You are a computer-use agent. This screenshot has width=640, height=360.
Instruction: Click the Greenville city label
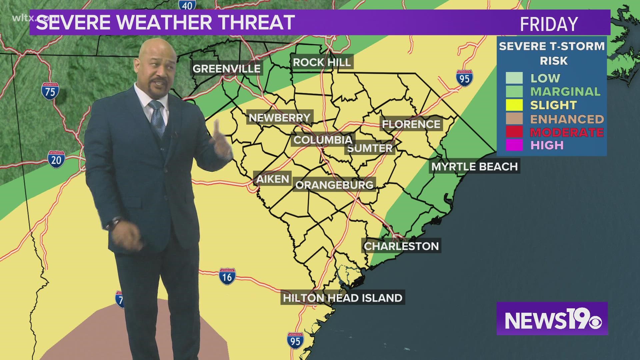226,69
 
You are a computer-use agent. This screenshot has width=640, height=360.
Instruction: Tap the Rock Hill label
322,62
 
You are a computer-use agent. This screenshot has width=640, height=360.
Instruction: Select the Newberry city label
280,118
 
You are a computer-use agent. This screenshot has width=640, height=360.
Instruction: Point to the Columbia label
323,140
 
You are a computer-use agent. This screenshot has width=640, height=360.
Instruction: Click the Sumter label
370,148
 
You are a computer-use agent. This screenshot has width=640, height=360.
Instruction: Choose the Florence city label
411,124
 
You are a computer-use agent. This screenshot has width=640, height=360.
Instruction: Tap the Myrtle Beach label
474,166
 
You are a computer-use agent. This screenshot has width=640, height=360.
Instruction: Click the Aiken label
272,179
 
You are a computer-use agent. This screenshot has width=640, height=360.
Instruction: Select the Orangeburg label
334,185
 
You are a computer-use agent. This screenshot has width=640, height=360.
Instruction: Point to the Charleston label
401,246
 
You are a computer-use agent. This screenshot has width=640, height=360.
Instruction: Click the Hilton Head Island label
343,298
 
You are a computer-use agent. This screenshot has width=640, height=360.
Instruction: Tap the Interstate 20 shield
56,159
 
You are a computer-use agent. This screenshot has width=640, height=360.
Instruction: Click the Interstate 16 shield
227,276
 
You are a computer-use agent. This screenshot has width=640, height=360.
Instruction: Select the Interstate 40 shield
187,5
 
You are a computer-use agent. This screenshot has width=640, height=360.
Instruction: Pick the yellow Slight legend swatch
514,105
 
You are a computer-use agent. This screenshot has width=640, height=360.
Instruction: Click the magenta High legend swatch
514,145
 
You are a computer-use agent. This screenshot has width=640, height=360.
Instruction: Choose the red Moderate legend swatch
514,132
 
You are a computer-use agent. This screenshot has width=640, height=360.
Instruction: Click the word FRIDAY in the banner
549,24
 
